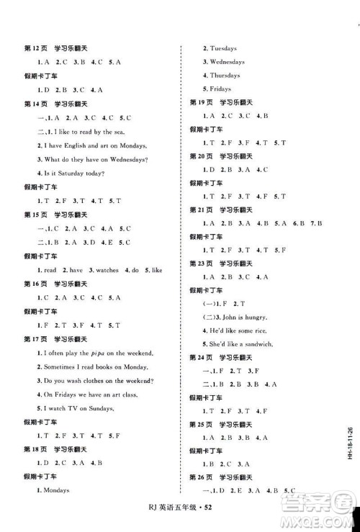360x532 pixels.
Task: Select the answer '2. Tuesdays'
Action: pos(220,48)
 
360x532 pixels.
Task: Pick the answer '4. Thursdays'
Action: pos(221,76)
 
